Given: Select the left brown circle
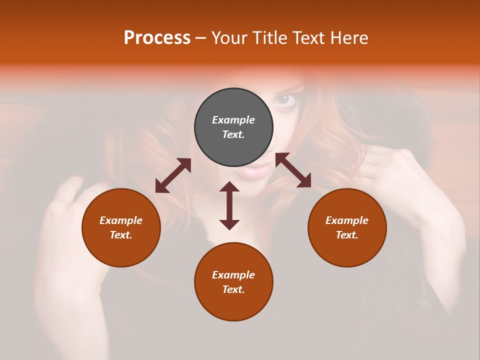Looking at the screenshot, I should [121, 227].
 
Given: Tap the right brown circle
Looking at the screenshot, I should [347, 227].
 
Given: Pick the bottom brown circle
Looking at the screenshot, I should [233, 282].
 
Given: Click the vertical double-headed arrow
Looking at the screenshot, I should [229, 205].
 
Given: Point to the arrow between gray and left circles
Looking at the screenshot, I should [173, 175].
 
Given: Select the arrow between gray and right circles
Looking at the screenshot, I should [293, 170].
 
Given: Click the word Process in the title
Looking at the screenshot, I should [157, 38].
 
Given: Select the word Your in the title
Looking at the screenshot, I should [229, 38].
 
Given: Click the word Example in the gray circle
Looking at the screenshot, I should [233, 120].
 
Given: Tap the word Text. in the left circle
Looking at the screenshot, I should [121, 235].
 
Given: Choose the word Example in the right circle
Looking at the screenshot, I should [347, 220].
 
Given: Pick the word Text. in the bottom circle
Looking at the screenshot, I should [233, 289].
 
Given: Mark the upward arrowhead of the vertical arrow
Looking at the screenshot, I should [229, 186].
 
